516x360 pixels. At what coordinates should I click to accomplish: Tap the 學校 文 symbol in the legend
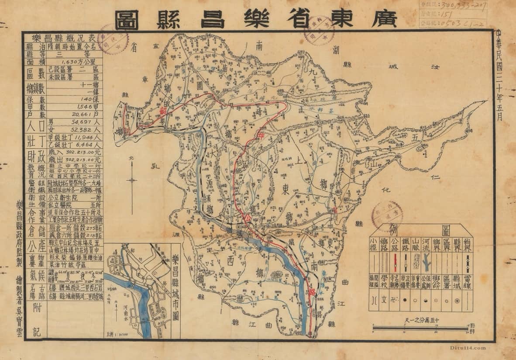pyautogui.click(x=384, y=300)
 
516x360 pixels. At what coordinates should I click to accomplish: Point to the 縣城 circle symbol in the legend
pyautogui.click(x=457, y=301)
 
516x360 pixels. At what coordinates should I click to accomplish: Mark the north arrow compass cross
pyautogui.click(x=131, y=180)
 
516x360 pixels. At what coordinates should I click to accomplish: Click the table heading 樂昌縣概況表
pyautogui.click(x=62, y=37)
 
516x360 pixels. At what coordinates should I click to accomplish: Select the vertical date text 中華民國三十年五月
pyautogui.click(x=499, y=74)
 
